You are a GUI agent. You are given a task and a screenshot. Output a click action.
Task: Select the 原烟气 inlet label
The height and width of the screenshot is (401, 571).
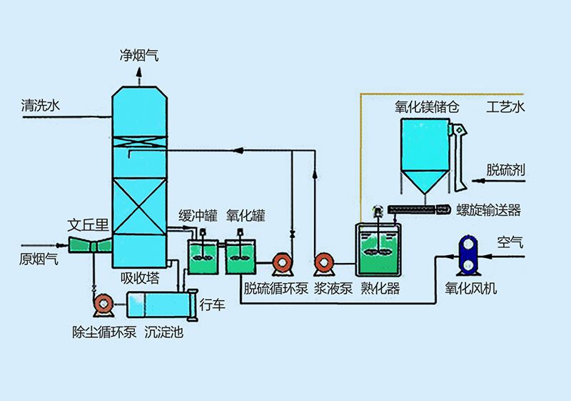click(x=39, y=258)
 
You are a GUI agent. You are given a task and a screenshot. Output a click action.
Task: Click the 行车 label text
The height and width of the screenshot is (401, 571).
click(x=213, y=305)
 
